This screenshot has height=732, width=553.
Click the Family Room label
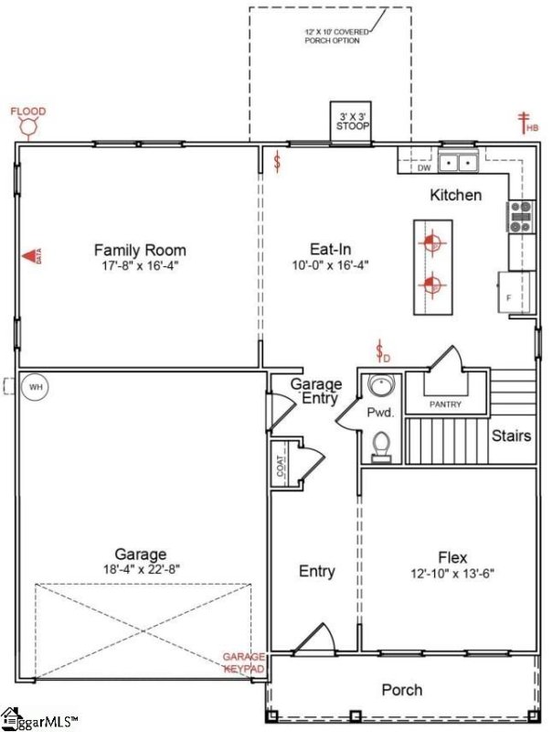(x=140, y=250)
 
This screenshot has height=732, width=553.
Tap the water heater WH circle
(x=36, y=387)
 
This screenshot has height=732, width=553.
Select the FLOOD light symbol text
(x=27, y=113)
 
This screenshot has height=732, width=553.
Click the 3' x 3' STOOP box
(x=352, y=121)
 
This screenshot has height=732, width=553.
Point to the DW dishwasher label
(x=424, y=168)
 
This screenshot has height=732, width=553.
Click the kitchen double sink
(x=459, y=163)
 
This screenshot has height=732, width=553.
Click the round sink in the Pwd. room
(x=381, y=385)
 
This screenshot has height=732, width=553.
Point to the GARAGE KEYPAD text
(x=244, y=662)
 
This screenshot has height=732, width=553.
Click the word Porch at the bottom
(x=401, y=689)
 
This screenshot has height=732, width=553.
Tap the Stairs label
(x=511, y=436)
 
